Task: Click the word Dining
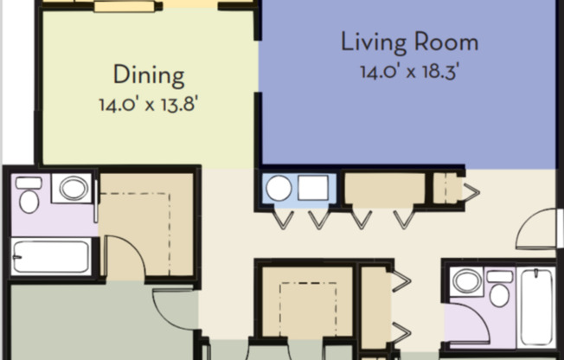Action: tap(149, 75)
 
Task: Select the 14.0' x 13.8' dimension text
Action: tap(149, 105)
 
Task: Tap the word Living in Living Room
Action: tap(374, 43)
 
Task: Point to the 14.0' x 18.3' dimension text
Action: tap(410, 71)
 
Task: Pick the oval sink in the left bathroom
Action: tap(74, 188)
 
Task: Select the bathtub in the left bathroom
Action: tap(51, 256)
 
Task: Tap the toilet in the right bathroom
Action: tap(499, 289)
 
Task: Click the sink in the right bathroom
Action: tap(467, 280)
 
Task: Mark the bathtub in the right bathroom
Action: tap(536, 308)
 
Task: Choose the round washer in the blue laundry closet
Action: tap(279, 188)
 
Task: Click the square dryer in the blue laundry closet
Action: tap(313, 188)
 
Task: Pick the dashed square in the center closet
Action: tap(308, 309)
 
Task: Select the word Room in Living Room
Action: tap(446, 42)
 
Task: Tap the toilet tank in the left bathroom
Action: tap(29, 183)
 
